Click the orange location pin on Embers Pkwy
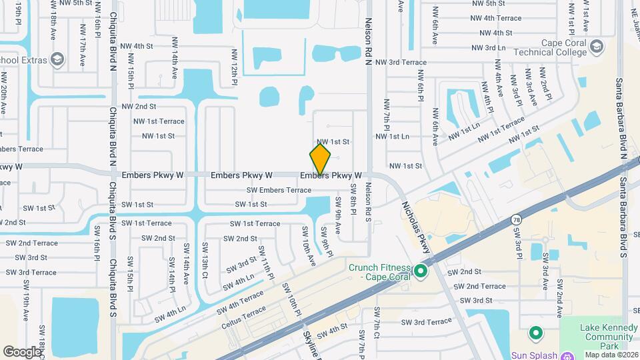click(x=321, y=159)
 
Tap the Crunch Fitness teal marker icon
click(x=420, y=271)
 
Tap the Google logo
click(x=22, y=351)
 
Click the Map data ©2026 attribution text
click(x=611, y=355)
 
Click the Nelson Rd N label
click(x=368, y=42)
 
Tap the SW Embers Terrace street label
click(x=279, y=190)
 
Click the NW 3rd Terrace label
click(x=401, y=62)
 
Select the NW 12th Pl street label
click(x=235, y=66)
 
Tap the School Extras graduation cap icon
click(x=57, y=60)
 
